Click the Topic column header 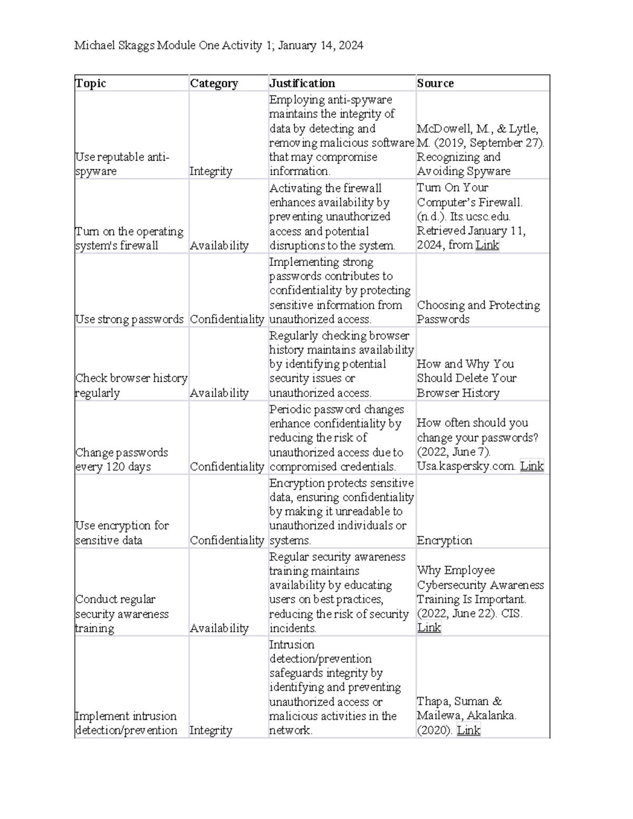click(91, 83)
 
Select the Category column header click(214, 83)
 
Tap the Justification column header click(302, 83)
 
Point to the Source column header click(435, 83)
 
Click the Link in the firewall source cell click(487, 245)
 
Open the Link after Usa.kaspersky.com click(532, 466)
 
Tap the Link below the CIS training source click(429, 628)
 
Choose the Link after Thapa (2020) click(468, 730)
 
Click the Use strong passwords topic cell click(129, 320)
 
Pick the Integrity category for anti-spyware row click(210, 171)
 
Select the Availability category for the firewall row click(219, 246)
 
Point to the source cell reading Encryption click(444, 541)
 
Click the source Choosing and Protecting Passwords click(478, 312)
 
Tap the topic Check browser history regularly click(131, 386)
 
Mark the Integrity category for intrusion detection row click(210, 730)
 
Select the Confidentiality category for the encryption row click(227, 541)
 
